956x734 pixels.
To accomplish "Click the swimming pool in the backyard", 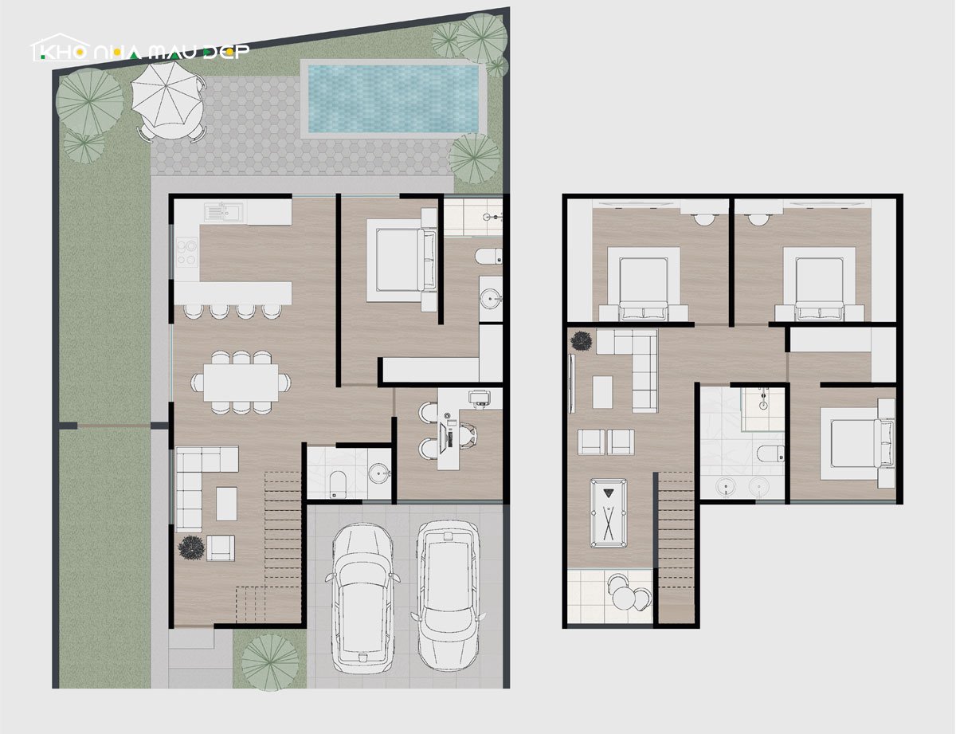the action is (394, 99).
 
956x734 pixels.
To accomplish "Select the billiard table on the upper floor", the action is (609, 513).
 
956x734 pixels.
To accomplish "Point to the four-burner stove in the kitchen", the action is (187, 252).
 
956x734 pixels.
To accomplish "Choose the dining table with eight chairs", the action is (241, 383).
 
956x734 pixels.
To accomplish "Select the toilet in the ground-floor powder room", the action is (338, 484).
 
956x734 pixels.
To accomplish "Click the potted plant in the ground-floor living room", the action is (191, 547).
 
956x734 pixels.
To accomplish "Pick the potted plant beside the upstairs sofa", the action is (582, 340).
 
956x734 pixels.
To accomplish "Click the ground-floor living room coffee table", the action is (226, 504).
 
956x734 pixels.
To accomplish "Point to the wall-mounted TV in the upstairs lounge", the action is (571, 383).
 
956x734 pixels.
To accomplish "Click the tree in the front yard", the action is (270, 663).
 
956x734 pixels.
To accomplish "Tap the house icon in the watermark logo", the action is (61, 47).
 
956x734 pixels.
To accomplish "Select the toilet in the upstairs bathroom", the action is (770, 453).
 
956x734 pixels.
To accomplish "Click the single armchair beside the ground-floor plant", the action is (221, 548).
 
